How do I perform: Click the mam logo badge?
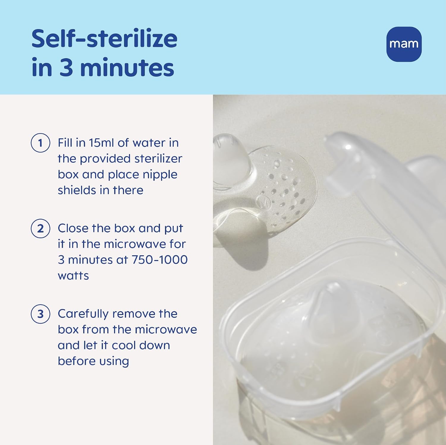pos(404,44)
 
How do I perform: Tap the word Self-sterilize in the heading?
pos(104,39)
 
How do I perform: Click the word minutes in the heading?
pos(127,68)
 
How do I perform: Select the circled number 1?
pos(40,143)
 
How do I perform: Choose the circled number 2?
pos(40,229)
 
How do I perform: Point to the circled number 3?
pos(40,314)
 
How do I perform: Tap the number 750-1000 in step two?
pos(159,260)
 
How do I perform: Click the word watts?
pos(73,276)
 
